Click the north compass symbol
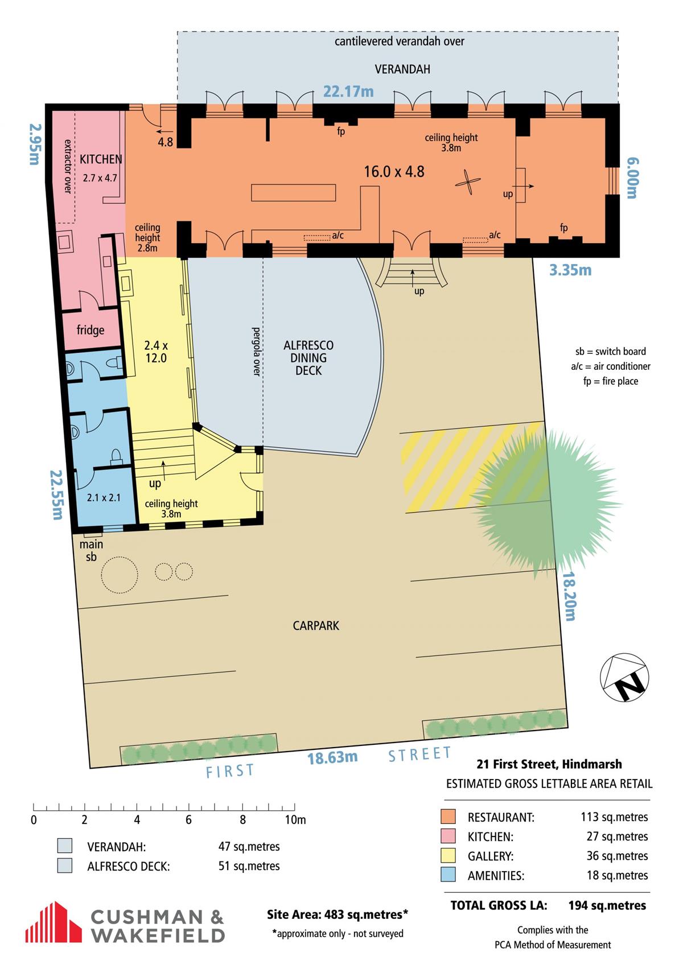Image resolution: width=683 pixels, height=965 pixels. coord(624,677)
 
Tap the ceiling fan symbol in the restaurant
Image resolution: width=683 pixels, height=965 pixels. coord(467,182)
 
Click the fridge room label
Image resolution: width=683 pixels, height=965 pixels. coord(90,331)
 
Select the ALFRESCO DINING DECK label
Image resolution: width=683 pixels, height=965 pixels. coord(308,357)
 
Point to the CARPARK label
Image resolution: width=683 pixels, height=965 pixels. coord(316,625)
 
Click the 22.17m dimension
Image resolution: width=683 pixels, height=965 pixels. coord(348,92)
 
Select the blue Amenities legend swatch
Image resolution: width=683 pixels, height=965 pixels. coord(448,875)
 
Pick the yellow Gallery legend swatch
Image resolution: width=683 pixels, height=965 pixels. coord(448,856)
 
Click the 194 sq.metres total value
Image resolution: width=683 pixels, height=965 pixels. coord(607,906)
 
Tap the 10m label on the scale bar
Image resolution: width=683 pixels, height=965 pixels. coord(295,819)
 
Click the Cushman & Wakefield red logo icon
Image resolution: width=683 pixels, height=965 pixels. coord(54,922)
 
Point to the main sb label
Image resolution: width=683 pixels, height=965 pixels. coord(91,551)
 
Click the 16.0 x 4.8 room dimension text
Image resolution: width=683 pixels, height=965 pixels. coord(394,171)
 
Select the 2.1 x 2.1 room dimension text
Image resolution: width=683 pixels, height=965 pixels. coord(104,497)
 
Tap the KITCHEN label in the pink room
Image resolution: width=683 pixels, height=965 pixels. coord(101,159)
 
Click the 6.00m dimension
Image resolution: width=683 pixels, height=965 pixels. coord(632,178)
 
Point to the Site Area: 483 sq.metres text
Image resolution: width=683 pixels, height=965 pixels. coord(338,914)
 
